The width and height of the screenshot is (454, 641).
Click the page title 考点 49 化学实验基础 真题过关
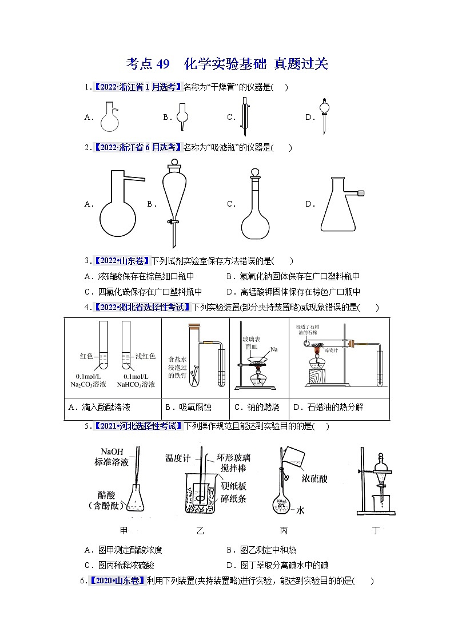point(226,63)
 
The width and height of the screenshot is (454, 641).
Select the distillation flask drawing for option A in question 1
point(111,116)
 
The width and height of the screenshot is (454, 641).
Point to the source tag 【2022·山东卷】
point(121,261)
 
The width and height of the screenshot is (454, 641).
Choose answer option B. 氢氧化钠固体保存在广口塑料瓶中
point(293,276)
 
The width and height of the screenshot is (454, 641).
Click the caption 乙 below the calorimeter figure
point(200,531)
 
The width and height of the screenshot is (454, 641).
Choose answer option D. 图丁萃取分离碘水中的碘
point(277,566)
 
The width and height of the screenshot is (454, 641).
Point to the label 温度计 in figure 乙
point(177,458)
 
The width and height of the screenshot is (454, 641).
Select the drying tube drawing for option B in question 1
point(183,116)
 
